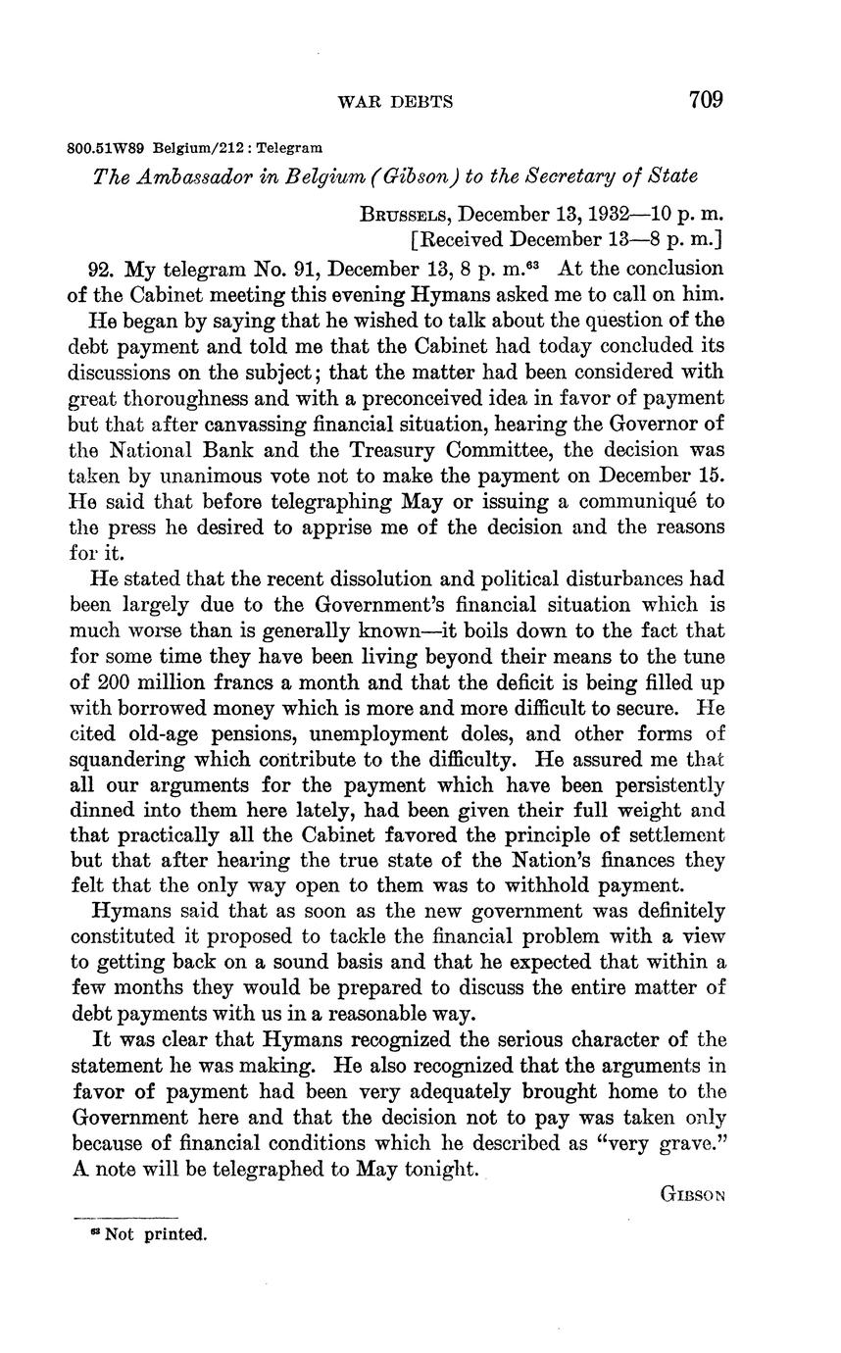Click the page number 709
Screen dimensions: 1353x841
pos(705,100)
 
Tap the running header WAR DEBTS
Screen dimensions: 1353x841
pos(394,102)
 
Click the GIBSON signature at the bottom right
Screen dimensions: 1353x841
pos(692,1194)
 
